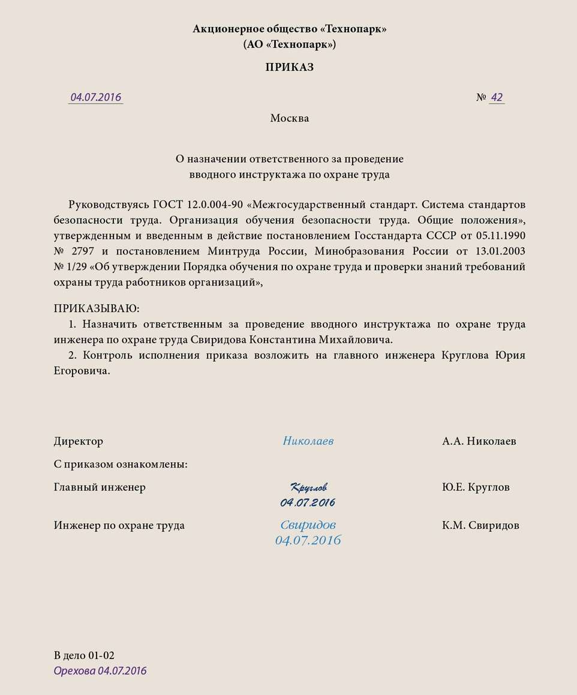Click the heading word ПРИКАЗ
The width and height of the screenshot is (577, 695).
tap(290, 68)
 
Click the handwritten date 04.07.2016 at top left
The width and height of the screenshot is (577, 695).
tap(96, 97)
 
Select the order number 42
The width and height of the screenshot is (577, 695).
tap(497, 97)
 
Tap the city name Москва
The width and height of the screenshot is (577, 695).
tap(290, 118)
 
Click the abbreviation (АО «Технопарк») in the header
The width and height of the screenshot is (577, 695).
tap(290, 44)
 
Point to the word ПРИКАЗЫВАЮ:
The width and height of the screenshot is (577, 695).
tap(97, 308)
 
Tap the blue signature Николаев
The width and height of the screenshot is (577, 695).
tap(308, 441)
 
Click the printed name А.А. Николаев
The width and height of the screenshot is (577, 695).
tap(479, 441)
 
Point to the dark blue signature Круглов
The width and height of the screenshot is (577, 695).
tap(308, 487)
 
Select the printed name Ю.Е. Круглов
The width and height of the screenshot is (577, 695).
tap(476, 487)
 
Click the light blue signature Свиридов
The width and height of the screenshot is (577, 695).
tap(308, 525)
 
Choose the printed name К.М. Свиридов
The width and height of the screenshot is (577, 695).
tap(480, 525)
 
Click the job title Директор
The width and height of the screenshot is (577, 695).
tap(79, 441)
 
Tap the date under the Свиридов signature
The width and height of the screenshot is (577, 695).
tap(308, 540)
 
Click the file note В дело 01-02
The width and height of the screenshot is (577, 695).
tap(84, 655)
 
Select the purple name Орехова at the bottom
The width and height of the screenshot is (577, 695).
tap(74, 670)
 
